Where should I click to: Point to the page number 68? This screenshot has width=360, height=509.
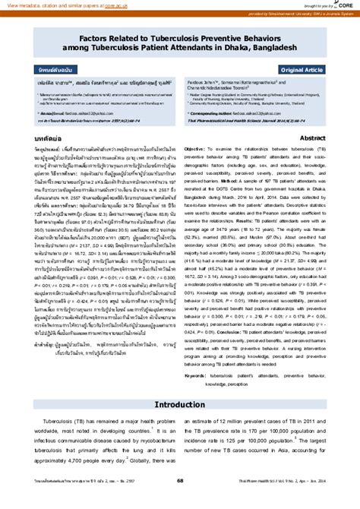pos(180,501)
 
